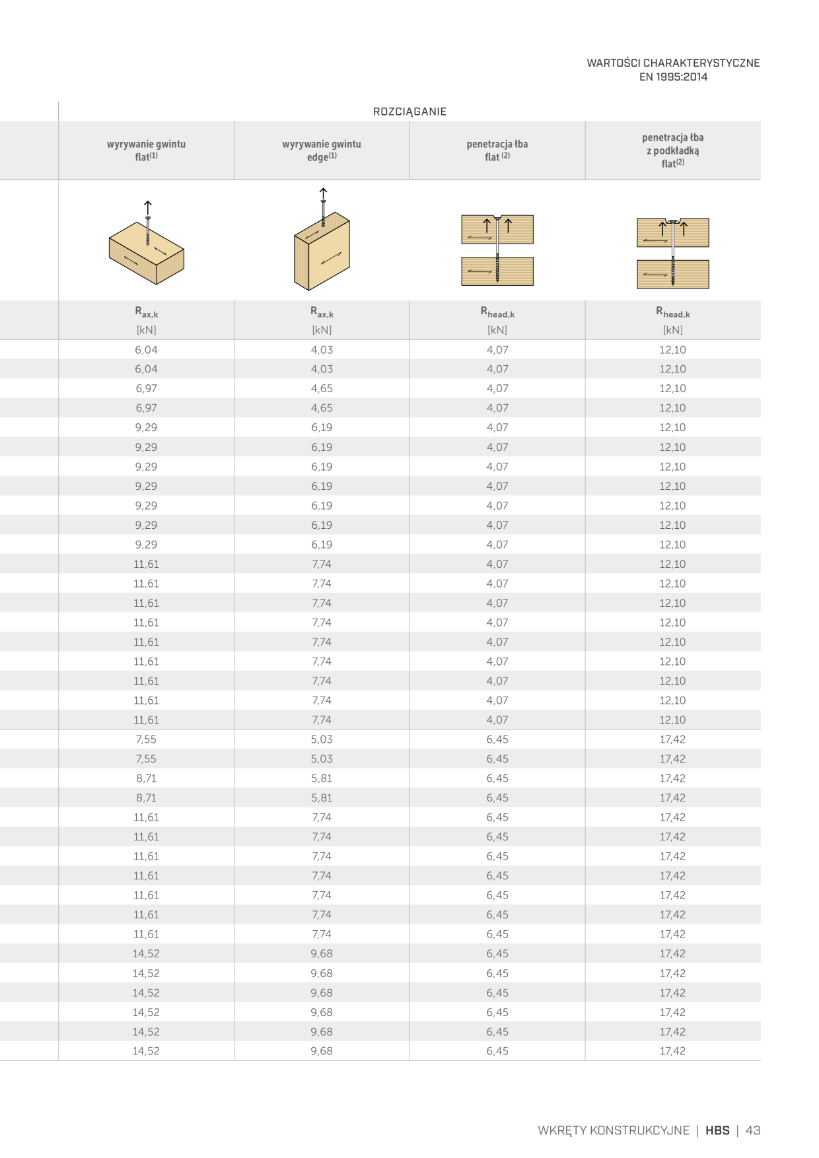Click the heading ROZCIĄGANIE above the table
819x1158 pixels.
click(409, 112)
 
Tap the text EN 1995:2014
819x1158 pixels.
click(673, 77)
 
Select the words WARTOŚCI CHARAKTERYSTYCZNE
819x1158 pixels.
click(673, 63)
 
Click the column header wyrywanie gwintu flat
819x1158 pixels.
click(146, 150)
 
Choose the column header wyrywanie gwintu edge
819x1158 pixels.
click(322, 150)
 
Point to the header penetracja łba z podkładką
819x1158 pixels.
click(672, 144)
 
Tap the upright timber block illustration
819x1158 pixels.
click(322, 248)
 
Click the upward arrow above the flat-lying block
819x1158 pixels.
click(148, 208)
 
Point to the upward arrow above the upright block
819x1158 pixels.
click(323, 194)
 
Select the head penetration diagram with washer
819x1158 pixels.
click(672, 253)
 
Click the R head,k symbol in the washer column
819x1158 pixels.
click(672, 312)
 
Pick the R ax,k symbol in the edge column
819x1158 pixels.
click(322, 312)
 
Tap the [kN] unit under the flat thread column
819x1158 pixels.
click(146, 330)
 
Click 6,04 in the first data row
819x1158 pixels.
click(146, 350)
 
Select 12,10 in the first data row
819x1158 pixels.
click(672, 350)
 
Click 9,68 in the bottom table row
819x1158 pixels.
click(322, 1051)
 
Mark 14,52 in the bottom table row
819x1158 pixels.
click(146, 1051)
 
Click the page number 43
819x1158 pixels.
click(753, 1130)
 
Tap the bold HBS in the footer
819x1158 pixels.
click(717, 1130)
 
